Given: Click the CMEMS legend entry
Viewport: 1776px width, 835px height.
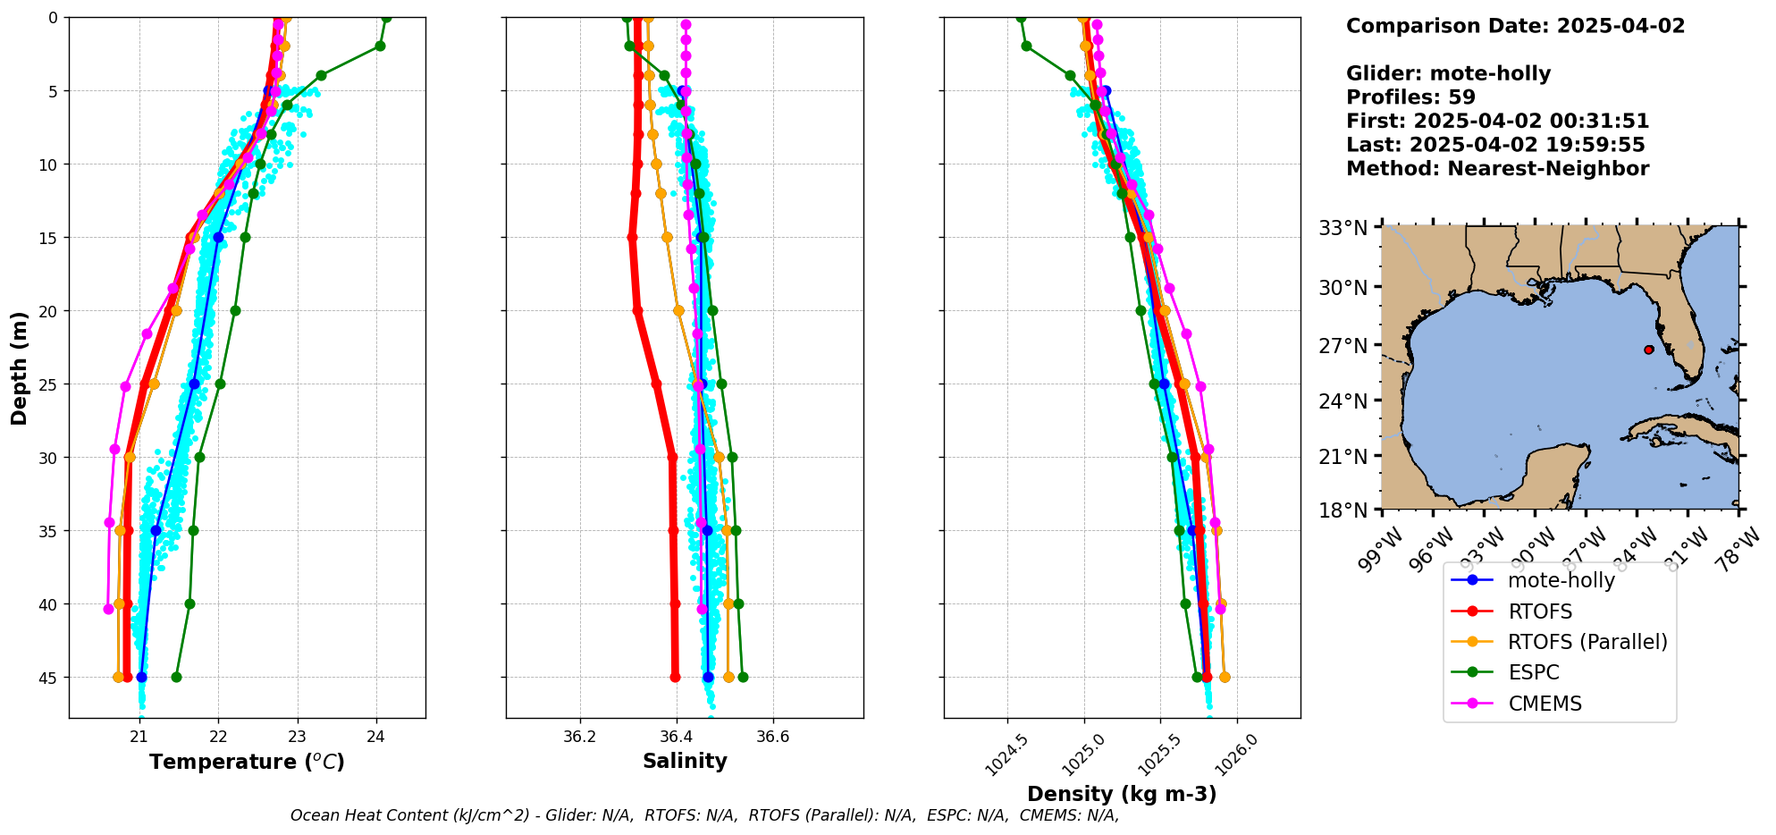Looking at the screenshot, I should click(x=1545, y=704).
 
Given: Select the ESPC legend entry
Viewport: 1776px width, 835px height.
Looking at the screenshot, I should click(x=1533, y=672).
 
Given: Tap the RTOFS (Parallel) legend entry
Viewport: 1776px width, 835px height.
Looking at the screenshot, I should click(x=1587, y=642).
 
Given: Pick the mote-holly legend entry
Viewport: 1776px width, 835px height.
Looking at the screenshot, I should click(x=1561, y=580).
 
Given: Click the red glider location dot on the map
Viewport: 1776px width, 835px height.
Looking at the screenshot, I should click(x=1648, y=350).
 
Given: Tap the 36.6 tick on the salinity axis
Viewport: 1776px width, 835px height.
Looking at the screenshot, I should click(x=772, y=737).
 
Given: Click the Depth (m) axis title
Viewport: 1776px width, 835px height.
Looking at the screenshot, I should click(x=19, y=367).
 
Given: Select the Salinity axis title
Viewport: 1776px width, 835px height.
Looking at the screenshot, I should click(x=685, y=761).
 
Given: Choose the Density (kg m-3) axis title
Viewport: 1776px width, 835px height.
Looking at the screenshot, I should click(x=1122, y=794).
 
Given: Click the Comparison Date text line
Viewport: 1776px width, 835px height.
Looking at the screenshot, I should click(x=1515, y=26).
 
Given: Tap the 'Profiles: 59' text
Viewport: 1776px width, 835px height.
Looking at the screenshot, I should click(x=1410, y=97).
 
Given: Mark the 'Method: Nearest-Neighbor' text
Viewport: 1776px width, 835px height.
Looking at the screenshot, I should click(x=1497, y=169).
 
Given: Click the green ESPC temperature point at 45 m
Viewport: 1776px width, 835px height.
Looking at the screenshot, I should click(x=176, y=677).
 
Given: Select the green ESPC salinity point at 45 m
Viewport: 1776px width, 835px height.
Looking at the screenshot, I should click(x=743, y=677).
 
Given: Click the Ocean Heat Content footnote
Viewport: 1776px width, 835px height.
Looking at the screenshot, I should click(x=704, y=815).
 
